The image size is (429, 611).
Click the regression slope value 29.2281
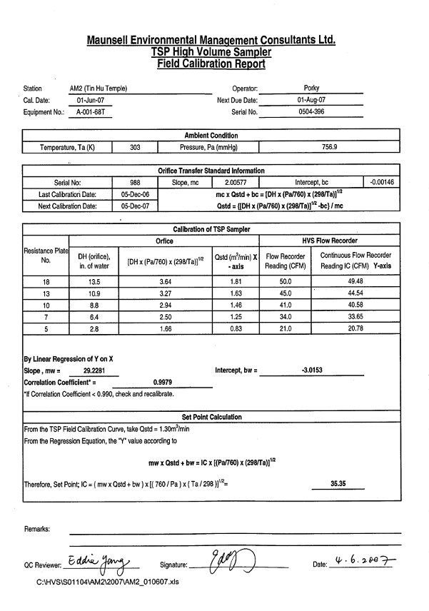coord(91,370)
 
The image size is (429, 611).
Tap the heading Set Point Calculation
coord(212,417)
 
